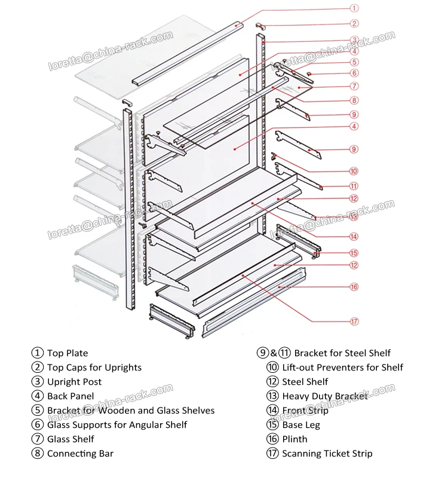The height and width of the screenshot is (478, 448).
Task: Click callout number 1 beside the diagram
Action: (x=354, y=8)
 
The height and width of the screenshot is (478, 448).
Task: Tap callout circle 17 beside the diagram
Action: (x=354, y=321)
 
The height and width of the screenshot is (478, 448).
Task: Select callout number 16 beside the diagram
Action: (x=354, y=287)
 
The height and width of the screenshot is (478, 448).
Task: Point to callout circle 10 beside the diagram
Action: (x=354, y=171)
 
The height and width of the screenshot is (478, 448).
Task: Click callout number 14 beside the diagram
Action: (x=354, y=236)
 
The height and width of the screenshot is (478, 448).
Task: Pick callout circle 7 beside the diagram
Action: (x=354, y=87)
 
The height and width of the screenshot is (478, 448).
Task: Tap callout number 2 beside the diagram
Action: (x=354, y=24)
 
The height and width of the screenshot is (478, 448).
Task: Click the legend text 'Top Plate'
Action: (x=67, y=353)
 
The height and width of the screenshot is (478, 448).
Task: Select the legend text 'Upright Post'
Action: (x=75, y=382)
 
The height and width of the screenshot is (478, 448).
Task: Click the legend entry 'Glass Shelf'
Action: (x=71, y=439)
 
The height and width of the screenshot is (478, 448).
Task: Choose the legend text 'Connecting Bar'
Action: (x=81, y=454)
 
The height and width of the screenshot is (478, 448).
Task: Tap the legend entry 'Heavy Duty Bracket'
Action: (x=325, y=396)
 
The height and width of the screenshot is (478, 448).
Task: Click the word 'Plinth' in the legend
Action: (x=295, y=439)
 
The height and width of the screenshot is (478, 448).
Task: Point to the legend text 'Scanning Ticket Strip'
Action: (x=327, y=454)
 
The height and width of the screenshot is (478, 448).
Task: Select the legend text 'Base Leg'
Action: (x=301, y=425)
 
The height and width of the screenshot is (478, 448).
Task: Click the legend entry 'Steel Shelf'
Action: (x=305, y=382)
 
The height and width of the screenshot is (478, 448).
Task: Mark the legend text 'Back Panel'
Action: (x=71, y=396)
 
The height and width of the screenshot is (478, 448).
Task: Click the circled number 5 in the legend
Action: (x=38, y=410)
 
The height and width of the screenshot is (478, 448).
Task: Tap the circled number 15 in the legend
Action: (x=273, y=425)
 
